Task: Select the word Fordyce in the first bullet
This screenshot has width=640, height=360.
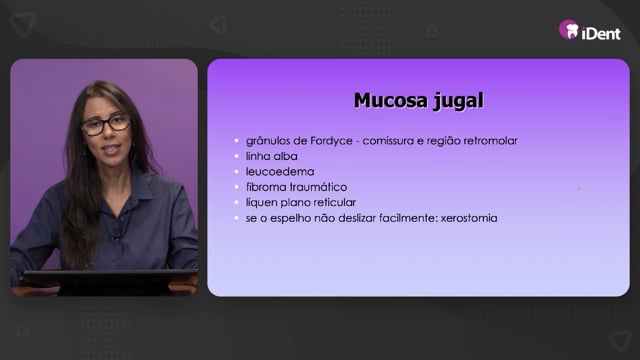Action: (x=331, y=141)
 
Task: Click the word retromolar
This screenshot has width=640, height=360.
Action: (x=493, y=141)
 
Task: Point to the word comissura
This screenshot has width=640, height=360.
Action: (x=388, y=141)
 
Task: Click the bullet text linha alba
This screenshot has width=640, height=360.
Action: (x=271, y=156)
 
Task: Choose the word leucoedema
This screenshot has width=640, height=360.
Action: (x=280, y=172)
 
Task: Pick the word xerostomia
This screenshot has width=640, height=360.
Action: (x=469, y=218)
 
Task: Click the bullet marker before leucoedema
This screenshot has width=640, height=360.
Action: (x=236, y=172)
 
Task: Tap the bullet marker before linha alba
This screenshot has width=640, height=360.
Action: (x=236, y=156)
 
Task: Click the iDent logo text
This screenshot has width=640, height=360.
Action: (x=601, y=33)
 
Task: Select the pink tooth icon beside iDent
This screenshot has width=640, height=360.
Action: (x=569, y=30)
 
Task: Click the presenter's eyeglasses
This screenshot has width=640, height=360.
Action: (x=105, y=124)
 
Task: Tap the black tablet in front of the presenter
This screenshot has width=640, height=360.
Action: (x=109, y=281)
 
